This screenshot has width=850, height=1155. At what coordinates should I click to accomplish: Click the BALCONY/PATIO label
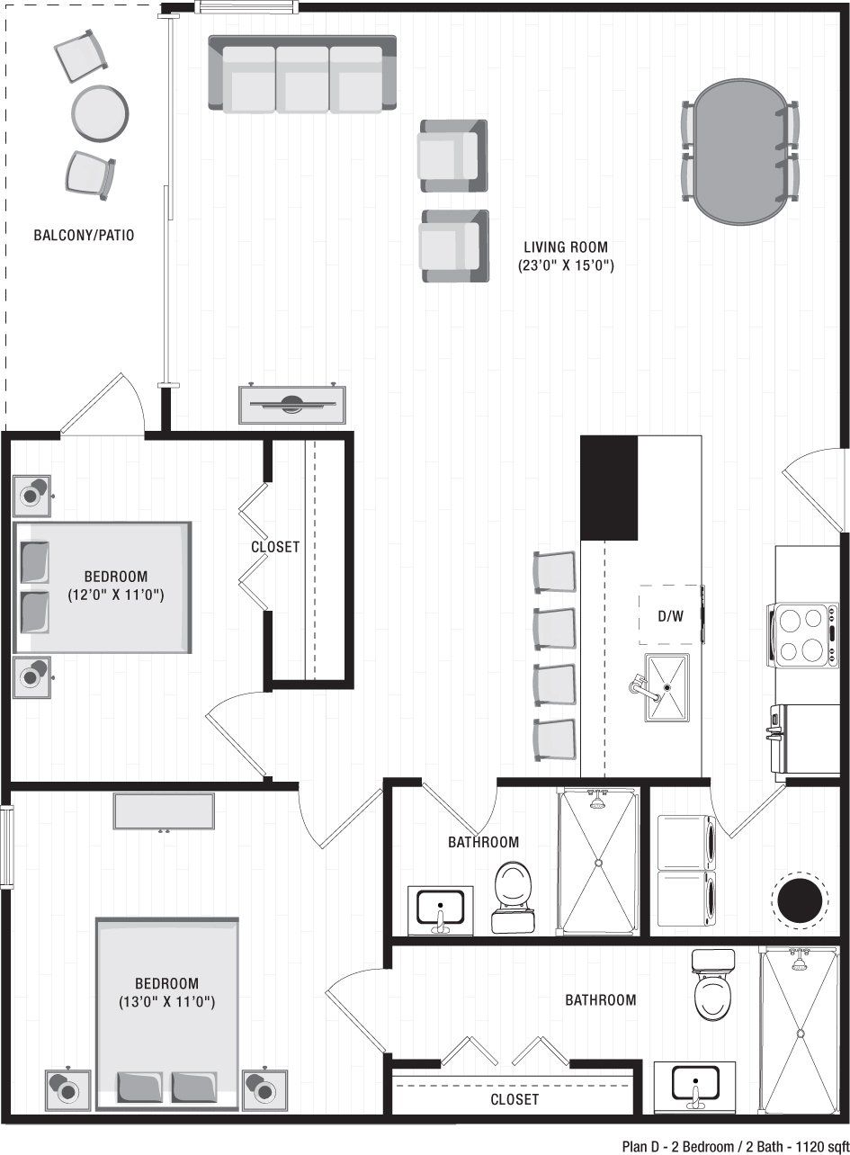[x=84, y=236]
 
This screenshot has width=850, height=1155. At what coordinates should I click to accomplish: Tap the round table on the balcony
[x=99, y=112]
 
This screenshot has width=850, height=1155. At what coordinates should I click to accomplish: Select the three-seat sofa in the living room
[x=302, y=75]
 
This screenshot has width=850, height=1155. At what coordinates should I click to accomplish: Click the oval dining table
[x=740, y=151]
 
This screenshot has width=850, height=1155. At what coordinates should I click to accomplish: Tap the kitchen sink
[x=667, y=688]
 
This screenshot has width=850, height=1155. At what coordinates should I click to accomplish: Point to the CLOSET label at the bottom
[x=514, y=1099]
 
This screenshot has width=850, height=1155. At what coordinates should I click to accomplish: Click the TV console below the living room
[x=292, y=404]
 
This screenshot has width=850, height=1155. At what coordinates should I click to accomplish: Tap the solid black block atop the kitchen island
[x=609, y=488]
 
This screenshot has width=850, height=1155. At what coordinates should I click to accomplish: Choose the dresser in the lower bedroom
[x=164, y=811]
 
